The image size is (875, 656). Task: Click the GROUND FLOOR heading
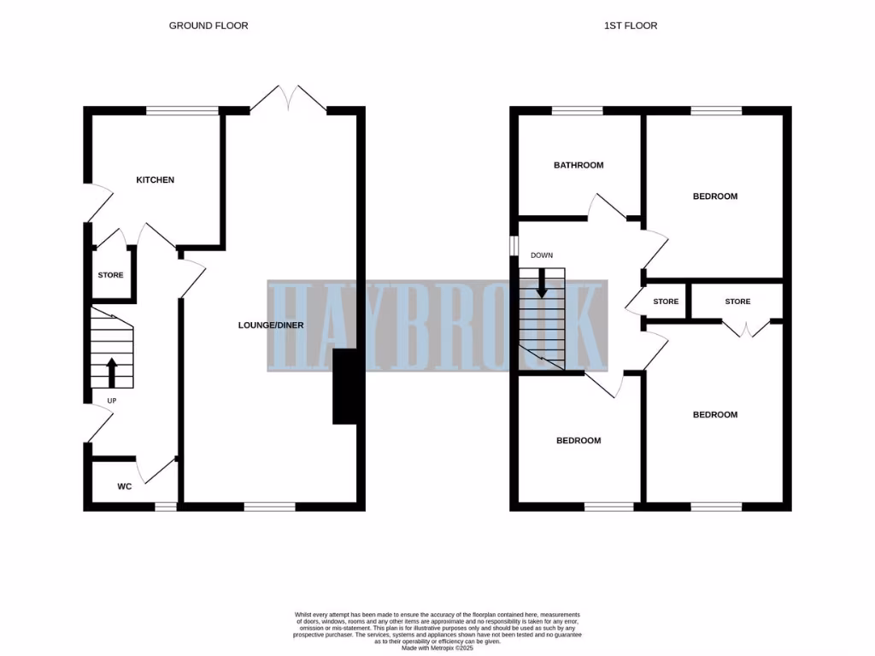208,26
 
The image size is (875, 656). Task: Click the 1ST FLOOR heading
631,26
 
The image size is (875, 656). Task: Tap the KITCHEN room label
156,180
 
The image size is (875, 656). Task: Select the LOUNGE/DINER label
271,325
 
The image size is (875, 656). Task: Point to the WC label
124,487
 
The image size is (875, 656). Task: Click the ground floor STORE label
110,275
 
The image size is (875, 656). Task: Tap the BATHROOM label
578,166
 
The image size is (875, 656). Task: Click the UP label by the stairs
112,400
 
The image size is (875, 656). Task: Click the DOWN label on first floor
542,255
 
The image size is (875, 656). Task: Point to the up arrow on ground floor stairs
112,372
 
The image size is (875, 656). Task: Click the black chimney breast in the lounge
345,387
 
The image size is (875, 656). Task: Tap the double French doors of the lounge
288,98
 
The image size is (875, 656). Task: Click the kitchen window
182,110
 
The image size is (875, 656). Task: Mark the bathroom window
577,110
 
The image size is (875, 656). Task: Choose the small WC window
166,507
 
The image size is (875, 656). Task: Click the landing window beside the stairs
514,244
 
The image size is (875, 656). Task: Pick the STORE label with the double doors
737,302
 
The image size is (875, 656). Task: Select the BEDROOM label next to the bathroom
714,196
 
